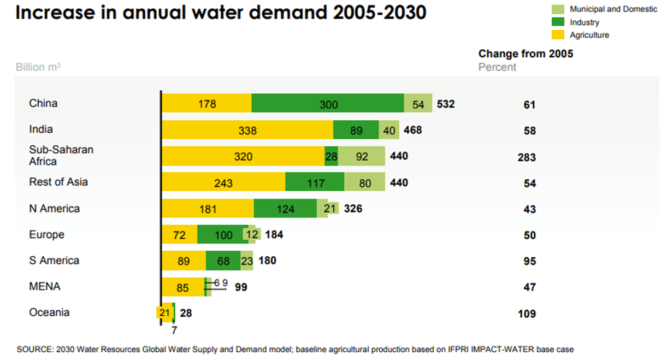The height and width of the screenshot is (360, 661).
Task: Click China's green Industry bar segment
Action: tap(328, 103)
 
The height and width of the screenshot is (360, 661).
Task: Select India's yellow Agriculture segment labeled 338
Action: tap(247, 130)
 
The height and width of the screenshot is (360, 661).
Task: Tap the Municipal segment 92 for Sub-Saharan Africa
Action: tap(361, 156)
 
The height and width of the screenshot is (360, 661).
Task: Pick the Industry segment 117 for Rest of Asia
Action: tap(315, 182)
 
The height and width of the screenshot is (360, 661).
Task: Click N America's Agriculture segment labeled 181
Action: tap(208, 209)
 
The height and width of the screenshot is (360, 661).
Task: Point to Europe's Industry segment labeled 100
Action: tap(223, 235)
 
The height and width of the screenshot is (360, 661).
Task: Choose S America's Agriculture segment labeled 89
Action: tap(184, 261)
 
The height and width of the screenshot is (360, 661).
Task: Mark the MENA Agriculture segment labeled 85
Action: tap(183, 287)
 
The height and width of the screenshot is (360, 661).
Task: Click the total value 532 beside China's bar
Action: tap(446, 104)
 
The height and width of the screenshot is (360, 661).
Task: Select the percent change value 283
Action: tap(527, 157)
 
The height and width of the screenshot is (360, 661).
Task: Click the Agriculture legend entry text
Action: tap(589, 35)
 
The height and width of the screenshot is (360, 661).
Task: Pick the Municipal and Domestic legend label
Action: tap(613, 9)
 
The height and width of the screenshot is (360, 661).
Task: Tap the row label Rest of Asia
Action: tap(58, 182)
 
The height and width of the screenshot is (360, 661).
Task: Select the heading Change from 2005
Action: tap(526, 54)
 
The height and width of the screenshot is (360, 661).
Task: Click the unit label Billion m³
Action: tap(38, 67)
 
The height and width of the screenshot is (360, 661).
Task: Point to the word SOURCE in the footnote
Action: tap(34, 349)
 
